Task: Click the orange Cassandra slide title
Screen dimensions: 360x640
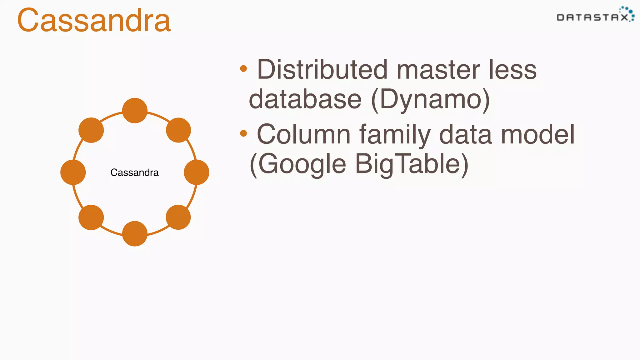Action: coord(94,21)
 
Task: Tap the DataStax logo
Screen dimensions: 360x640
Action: coord(595,16)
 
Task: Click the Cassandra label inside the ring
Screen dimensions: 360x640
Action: coord(134,172)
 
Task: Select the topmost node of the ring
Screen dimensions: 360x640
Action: coord(135,111)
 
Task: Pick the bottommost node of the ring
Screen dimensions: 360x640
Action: coord(135,234)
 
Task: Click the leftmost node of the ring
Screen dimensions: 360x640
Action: coord(73,172)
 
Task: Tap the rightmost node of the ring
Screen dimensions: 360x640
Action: coord(197,172)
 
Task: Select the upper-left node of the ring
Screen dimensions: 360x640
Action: coord(91,130)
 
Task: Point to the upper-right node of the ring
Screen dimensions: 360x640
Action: coord(178,130)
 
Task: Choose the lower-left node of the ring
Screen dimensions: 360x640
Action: coord(91,217)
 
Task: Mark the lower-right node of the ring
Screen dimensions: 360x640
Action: coord(178,217)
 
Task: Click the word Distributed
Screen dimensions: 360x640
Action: coord(322,70)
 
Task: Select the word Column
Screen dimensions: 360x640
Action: coord(303,134)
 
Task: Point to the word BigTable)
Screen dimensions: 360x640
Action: coord(412,164)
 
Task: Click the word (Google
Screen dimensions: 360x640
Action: coord(298,164)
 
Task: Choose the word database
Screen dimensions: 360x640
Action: coord(305,99)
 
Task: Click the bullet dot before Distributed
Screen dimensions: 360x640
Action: coord(243,68)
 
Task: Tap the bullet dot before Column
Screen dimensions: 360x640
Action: coord(243,133)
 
